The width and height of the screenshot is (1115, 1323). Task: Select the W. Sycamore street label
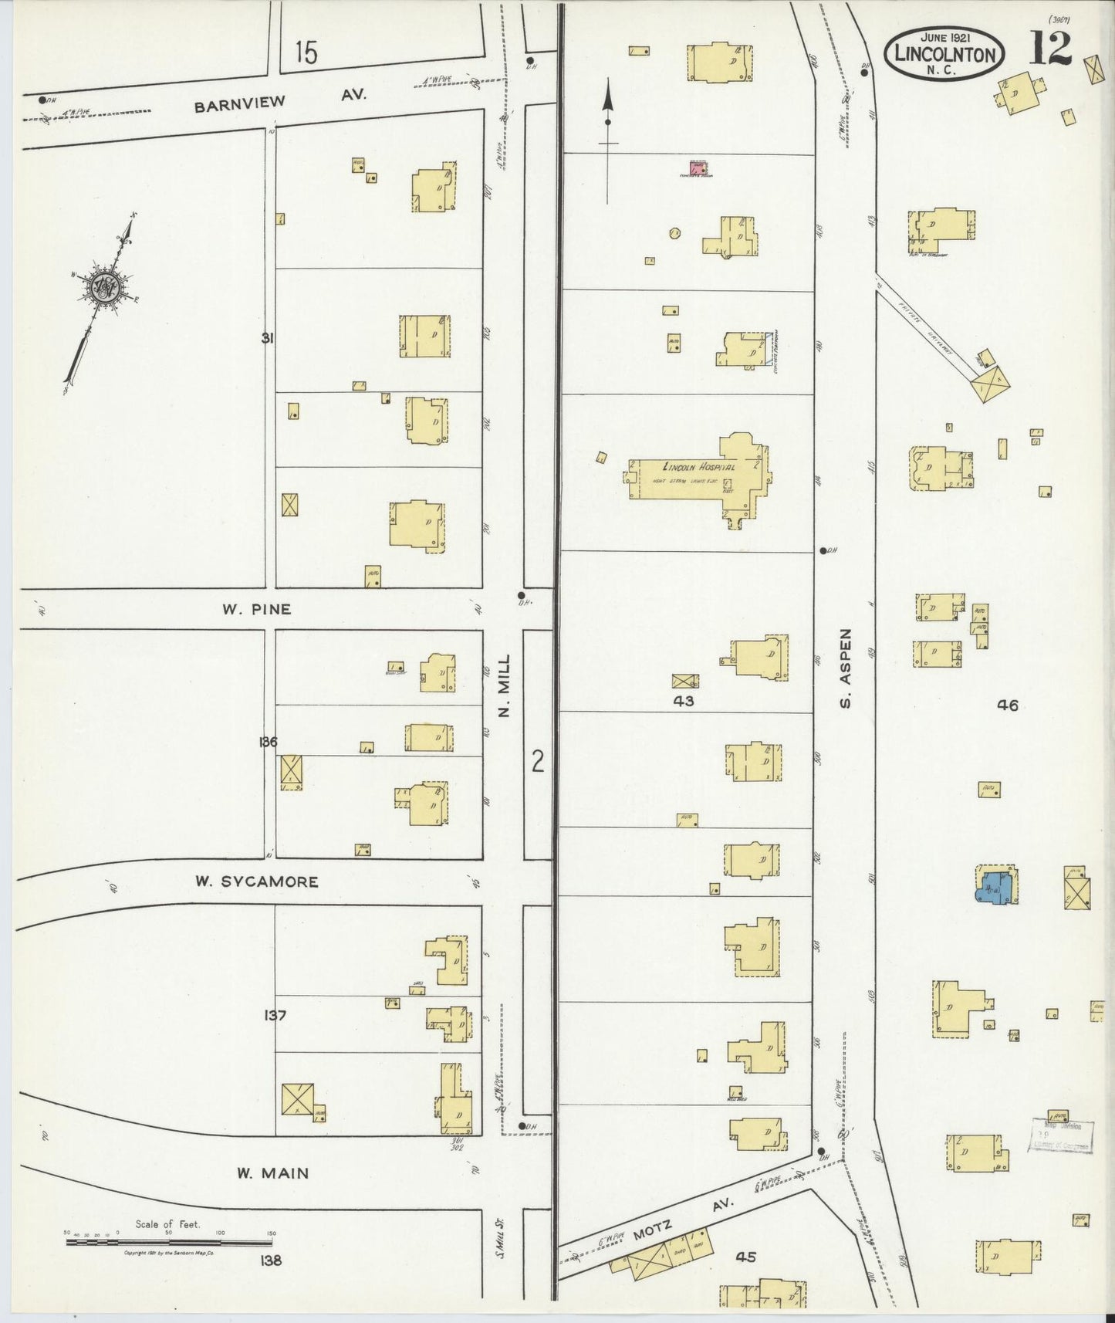pyautogui.click(x=257, y=881)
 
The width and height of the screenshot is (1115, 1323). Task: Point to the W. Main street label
pyautogui.click(x=272, y=1173)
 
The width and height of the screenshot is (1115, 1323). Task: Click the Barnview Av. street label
pyautogui.click(x=280, y=100)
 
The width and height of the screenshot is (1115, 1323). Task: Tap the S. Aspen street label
pyautogui.click(x=846, y=667)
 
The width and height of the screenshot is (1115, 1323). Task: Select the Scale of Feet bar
pyautogui.click(x=168, y=1242)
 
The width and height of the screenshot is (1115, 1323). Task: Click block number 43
pyautogui.click(x=683, y=701)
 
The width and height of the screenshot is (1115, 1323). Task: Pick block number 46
pyautogui.click(x=1007, y=704)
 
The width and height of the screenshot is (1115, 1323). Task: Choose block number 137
pyautogui.click(x=275, y=1015)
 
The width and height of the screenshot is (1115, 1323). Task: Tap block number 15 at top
pyautogui.click(x=306, y=52)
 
